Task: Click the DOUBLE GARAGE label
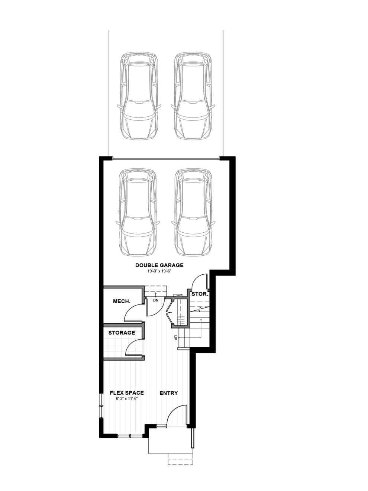click(159, 265)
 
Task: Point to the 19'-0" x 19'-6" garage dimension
click(159, 271)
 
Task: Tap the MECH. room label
click(122, 301)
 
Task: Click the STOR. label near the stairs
click(200, 294)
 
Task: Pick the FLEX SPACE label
click(127, 393)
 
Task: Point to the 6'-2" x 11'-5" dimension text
click(127, 398)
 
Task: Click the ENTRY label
click(169, 393)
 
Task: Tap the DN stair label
click(156, 300)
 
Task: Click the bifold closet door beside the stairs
click(170, 313)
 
